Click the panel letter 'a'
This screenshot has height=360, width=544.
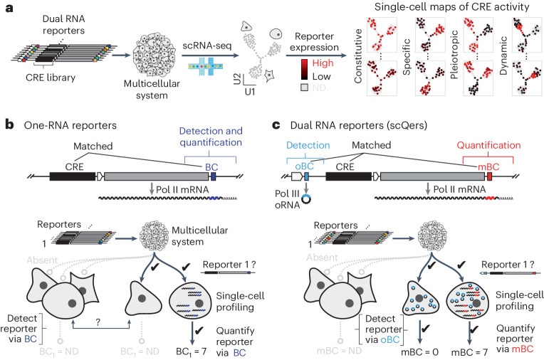[9, 9]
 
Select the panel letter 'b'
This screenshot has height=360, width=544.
[9, 125]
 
